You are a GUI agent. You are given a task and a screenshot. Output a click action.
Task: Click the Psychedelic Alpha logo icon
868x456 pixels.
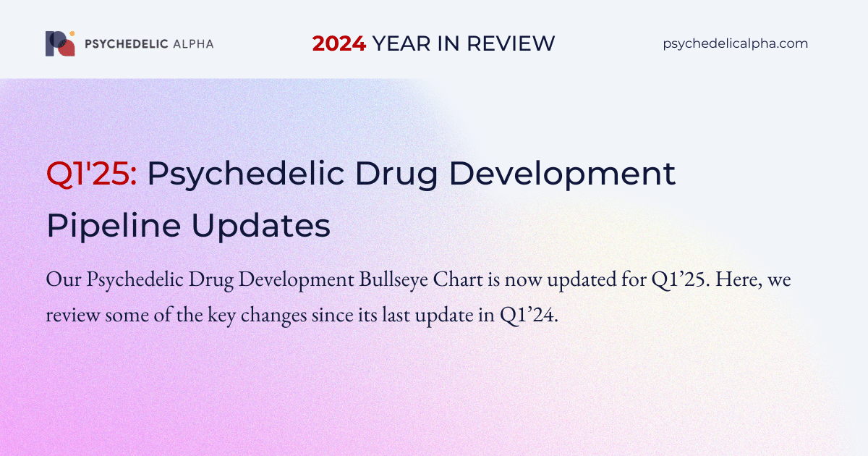[x=60, y=43]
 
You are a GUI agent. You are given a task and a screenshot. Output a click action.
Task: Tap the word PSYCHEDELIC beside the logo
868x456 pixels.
[x=127, y=44]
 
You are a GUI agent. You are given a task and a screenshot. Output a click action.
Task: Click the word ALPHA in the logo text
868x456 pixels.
[x=193, y=44]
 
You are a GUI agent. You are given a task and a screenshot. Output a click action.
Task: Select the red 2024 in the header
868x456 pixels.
[x=339, y=43]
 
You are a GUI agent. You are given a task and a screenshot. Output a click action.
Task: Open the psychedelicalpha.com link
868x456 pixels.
[x=736, y=43]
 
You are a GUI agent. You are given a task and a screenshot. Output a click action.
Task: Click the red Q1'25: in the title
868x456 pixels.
[x=91, y=174]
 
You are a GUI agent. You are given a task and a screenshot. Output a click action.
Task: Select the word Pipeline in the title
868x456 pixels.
[x=114, y=226]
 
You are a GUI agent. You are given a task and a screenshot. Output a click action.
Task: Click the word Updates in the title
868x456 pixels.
[x=261, y=226]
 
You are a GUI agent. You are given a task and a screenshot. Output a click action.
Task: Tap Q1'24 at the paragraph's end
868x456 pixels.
[x=529, y=315]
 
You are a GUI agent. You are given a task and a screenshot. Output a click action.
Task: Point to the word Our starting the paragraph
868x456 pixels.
[x=64, y=279]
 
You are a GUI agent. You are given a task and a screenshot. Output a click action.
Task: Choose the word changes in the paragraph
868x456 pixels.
[x=273, y=316]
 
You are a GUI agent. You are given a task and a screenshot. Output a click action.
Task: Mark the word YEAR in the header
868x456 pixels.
[x=401, y=43]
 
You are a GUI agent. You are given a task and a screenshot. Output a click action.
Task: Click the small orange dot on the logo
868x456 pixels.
[x=72, y=34]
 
